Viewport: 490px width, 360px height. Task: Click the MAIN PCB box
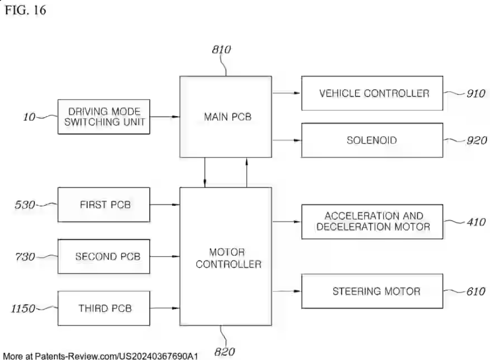click(226, 117)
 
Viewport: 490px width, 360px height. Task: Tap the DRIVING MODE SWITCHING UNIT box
click(103, 117)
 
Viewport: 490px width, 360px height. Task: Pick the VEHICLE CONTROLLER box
click(372, 93)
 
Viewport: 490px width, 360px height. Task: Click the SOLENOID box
click(372, 140)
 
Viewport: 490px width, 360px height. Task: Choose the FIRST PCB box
click(104, 204)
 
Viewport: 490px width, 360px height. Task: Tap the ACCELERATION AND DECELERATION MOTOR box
click(372, 221)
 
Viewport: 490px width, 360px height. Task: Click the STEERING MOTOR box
click(372, 291)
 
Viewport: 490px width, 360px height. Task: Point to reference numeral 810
click(221, 50)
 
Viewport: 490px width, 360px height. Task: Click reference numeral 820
click(225, 352)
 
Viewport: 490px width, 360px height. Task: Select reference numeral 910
click(475, 94)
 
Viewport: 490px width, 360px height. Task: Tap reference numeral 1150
click(23, 309)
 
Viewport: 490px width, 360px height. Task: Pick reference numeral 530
click(25, 205)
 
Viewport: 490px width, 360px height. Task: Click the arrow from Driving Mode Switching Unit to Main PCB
click(164, 117)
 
